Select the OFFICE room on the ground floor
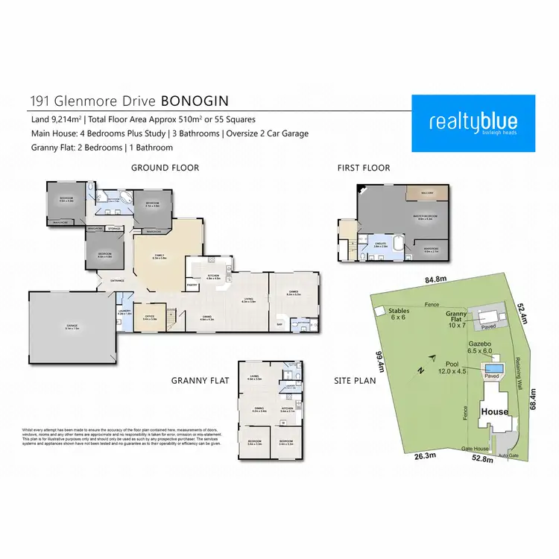point(150,318)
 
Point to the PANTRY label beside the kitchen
point(192,284)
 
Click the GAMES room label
point(293,293)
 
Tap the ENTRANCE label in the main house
point(118,280)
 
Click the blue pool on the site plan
point(492,368)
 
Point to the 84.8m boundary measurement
point(435,280)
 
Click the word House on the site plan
point(495,411)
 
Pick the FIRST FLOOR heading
point(363,168)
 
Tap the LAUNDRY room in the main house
point(124,314)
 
